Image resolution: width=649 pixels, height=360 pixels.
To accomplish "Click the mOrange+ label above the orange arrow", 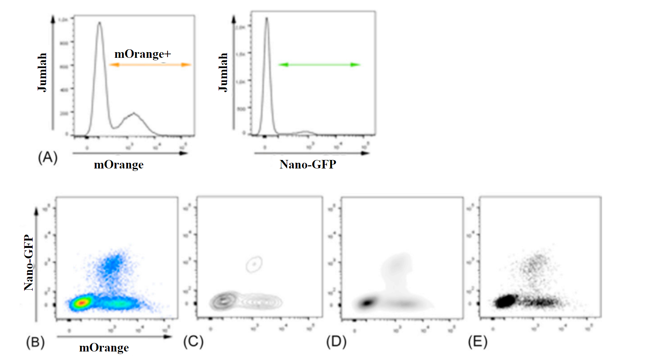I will [x=142, y=54].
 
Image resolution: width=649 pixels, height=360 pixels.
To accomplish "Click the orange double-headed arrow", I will [x=150, y=65].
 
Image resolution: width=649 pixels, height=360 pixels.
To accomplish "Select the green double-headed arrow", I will [x=319, y=65].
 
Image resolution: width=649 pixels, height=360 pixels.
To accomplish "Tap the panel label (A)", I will [x=48, y=157].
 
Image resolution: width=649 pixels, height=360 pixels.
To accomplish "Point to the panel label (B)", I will [x=35, y=342].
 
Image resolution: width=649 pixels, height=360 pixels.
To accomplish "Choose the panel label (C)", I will [x=193, y=342].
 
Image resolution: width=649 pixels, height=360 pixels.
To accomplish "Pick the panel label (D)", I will [x=336, y=342].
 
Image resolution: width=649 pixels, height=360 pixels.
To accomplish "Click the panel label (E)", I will [x=478, y=342].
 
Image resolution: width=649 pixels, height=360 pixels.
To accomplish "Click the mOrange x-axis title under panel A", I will [x=119, y=165].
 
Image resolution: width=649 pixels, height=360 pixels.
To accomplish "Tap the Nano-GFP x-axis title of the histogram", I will [x=308, y=165].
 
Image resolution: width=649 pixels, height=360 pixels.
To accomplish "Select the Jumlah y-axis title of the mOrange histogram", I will [x=42, y=72].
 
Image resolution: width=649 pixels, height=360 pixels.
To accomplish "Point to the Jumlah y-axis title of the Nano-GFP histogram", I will [x=223, y=72].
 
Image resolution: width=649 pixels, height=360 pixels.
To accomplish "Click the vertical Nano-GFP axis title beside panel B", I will [x=29, y=262].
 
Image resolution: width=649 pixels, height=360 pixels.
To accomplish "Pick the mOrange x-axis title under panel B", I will [x=104, y=348].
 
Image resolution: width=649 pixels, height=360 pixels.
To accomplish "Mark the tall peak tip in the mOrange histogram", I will [x=99, y=23].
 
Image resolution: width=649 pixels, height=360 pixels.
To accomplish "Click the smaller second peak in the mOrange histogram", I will [x=133, y=113].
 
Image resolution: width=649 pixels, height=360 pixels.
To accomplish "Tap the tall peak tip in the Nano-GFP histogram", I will [x=266, y=18].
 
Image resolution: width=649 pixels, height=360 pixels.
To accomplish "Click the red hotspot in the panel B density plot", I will [x=82, y=303].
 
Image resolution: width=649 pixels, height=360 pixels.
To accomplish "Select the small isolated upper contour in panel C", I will [x=254, y=264].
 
